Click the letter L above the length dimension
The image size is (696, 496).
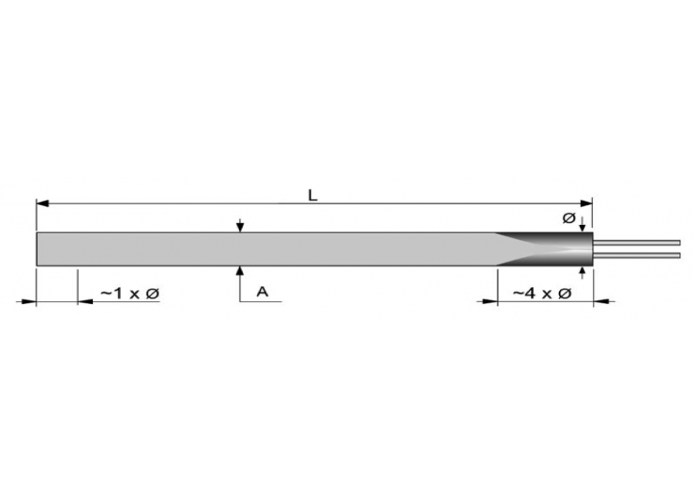click(313, 195)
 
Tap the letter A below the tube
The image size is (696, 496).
click(263, 292)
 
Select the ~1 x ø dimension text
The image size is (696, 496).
click(130, 293)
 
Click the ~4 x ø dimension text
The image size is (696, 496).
click(542, 293)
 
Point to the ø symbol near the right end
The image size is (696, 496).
click(568, 218)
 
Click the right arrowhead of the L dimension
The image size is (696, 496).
click(587, 204)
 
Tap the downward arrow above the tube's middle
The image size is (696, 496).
click(240, 226)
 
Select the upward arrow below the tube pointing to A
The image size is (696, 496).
click(240, 272)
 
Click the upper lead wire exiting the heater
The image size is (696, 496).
click(636, 242)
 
